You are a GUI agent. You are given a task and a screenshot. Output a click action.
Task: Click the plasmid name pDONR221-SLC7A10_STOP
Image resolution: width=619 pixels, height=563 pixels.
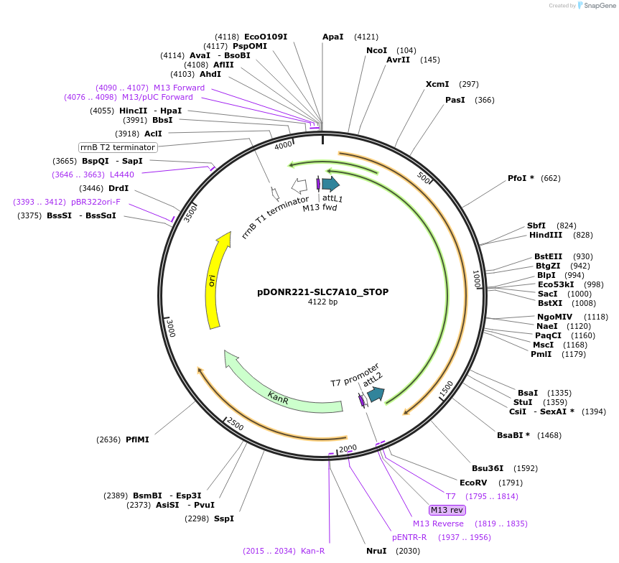[322, 292]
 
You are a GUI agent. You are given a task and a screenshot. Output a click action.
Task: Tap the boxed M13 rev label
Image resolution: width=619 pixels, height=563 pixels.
[447, 510]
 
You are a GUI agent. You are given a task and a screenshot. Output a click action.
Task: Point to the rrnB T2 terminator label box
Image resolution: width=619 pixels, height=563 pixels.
[118, 147]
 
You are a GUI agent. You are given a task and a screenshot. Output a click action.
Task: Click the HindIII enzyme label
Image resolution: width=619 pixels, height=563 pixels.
[546, 235]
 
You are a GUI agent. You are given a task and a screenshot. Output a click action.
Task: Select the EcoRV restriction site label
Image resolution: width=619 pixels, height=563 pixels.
[473, 483]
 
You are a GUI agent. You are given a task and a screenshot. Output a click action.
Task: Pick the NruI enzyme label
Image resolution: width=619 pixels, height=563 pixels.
[376, 551]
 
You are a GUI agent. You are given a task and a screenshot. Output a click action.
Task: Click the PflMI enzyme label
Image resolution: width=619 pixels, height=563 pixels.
[137, 439]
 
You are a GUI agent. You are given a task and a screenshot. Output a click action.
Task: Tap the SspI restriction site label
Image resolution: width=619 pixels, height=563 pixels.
[223, 518]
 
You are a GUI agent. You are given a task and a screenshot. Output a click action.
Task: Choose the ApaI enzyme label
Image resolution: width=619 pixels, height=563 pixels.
[333, 37]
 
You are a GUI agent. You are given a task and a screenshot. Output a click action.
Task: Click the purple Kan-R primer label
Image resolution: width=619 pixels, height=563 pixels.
[312, 551]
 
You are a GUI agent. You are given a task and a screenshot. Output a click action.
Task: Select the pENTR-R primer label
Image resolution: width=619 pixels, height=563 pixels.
[409, 537]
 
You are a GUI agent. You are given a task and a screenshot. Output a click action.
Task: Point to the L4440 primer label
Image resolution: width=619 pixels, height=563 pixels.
[121, 175]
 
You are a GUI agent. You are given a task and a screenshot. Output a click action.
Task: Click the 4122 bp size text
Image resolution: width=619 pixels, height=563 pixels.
[322, 302]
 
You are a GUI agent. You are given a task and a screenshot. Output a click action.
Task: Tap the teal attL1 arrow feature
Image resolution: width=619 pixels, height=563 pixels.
[330, 185]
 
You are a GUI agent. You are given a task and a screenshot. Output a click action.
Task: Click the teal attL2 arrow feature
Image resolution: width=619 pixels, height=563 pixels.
[375, 394]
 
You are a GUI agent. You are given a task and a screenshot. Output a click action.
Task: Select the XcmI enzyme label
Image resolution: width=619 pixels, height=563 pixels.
[437, 84]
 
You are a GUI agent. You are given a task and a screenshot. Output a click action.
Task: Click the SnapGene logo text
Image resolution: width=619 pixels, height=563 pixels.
[597, 6]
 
